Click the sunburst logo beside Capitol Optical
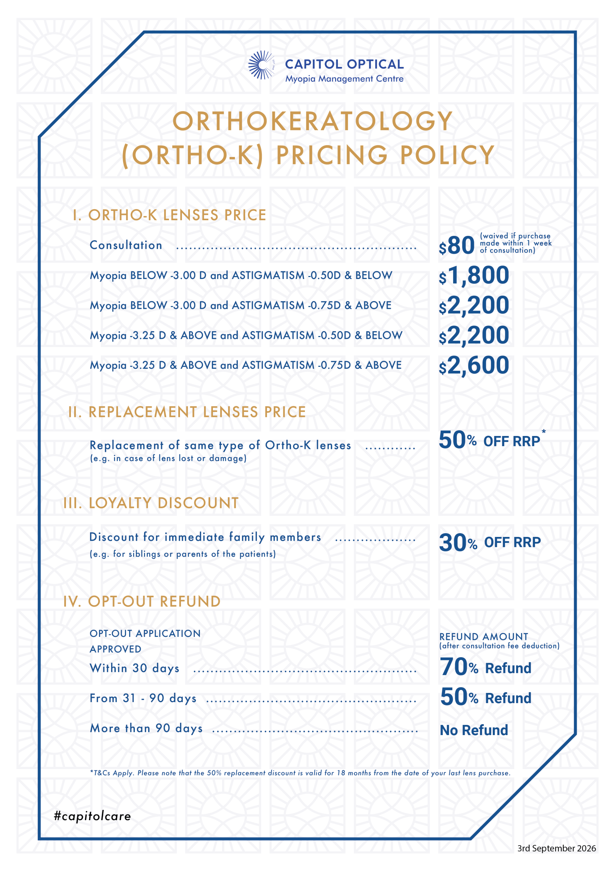[x=261, y=65]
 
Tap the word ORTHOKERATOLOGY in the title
[x=313, y=121]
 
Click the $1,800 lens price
[x=474, y=276]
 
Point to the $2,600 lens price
[x=474, y=365]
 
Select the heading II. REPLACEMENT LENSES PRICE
[x=187, y=412]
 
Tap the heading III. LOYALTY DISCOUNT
[x=151, y=503]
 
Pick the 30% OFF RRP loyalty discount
[x=490, y=542]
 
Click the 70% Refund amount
[x=486, y=667]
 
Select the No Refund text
[x=474, y=730]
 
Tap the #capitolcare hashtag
[x=92, y=816]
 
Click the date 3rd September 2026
[x=557, y=848]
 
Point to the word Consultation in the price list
[x=126, y=245]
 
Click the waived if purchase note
[x=516, y=243]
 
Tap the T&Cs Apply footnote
[x=300, y=773]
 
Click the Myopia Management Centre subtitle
[x=344, y=79]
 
